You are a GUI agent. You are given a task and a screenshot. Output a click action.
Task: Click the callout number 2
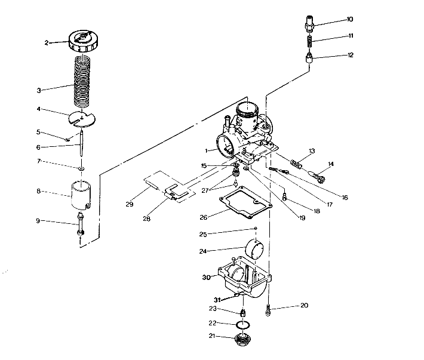(46, 42)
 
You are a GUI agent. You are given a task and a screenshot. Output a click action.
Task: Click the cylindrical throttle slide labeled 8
(82, 193)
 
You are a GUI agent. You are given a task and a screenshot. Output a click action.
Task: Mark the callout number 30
(207, 277)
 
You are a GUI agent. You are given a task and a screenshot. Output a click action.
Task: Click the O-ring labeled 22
(242, 324)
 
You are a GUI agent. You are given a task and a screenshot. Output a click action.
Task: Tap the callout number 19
(302, 219)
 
